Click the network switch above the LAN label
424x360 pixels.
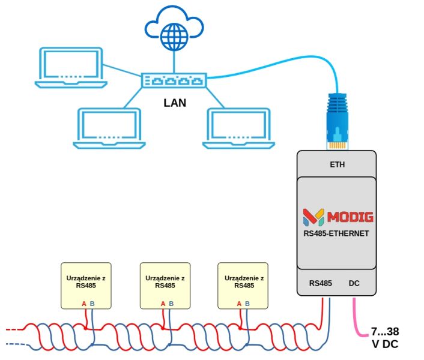tap(174, 80)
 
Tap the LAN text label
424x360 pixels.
tap(175, 103)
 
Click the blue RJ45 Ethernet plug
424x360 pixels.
tap(338, 120)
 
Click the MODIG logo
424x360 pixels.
tap(338, 217)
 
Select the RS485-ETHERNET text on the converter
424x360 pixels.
tap(338, 233)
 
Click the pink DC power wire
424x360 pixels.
tap(357, 318)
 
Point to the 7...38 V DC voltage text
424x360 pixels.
tap(384, 338)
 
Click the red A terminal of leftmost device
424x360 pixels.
tap(84, 304)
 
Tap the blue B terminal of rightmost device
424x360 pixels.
tap(248, 304)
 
